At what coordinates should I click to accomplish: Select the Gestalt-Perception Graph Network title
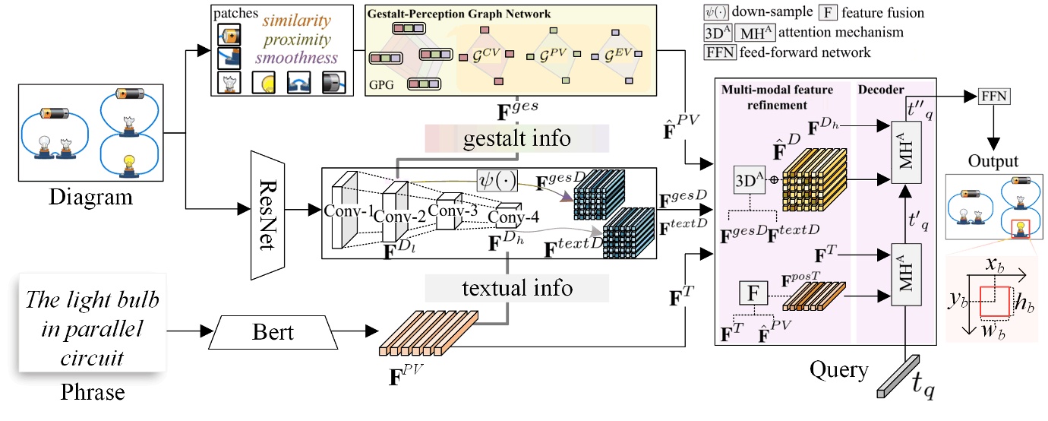(459, 14)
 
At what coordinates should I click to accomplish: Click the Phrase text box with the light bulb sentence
(93, 327)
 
